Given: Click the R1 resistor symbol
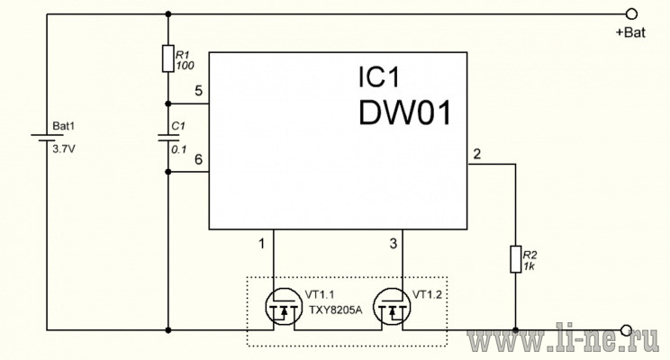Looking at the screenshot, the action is click(x=167, y=58).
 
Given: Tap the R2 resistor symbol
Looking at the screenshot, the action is click(x=516, y=259).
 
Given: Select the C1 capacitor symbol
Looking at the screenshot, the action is click(x=167, y=138).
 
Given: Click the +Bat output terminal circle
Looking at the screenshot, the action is click(x=631, y=14).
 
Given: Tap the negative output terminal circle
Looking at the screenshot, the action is click(x=627, y=330).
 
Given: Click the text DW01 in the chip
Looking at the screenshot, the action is click(x=404, y=113).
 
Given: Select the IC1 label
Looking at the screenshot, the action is click(x=379, y=77).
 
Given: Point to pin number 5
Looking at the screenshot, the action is click(x=198, y=91).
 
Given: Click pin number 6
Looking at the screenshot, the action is click(x=198, y=159).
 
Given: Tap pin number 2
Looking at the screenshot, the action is click(x=477, y=154).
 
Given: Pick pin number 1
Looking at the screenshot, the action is click(x=261, y=243).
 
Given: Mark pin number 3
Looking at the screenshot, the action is click(x=394, y=243).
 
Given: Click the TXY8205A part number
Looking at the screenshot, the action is click(x=335, y=310).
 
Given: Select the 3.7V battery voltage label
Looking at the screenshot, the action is click(x=64, y=149).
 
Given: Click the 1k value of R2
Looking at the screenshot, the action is click(x=529, y=266).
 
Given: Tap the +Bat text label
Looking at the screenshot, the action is click(x=630, y=32).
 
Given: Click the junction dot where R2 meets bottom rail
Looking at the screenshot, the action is click(x=516, y=330).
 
